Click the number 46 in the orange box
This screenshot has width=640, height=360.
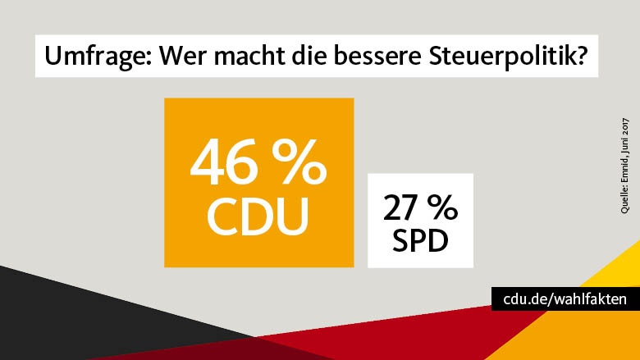(x=225, y=162)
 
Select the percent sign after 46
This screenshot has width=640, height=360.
(x=299, y=162)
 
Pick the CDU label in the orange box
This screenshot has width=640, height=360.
(x=258, y=215)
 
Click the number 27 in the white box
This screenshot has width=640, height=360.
(x=401, y=208)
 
